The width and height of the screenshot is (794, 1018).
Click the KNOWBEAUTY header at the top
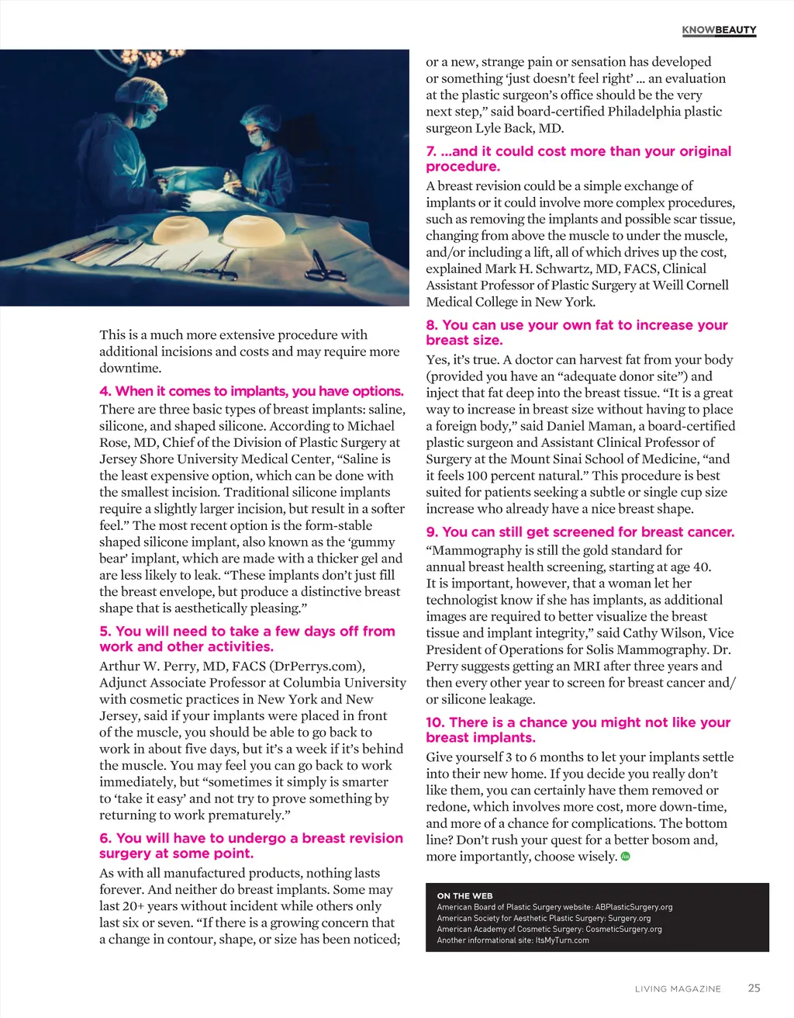tap(719, 30)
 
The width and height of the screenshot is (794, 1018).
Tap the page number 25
tap(754, 988)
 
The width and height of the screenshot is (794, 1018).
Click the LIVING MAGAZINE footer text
tap(678, 989)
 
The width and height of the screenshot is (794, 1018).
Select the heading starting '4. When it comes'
tap(251, 391)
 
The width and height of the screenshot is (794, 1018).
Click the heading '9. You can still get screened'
tap(580, 532)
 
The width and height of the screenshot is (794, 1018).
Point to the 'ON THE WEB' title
tap(464, 895)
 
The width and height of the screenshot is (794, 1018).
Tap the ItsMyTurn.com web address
tap(562, 940)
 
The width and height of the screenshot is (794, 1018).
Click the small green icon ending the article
tap(626, 857)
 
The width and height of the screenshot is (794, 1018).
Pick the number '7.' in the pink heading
tap(432, 151)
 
